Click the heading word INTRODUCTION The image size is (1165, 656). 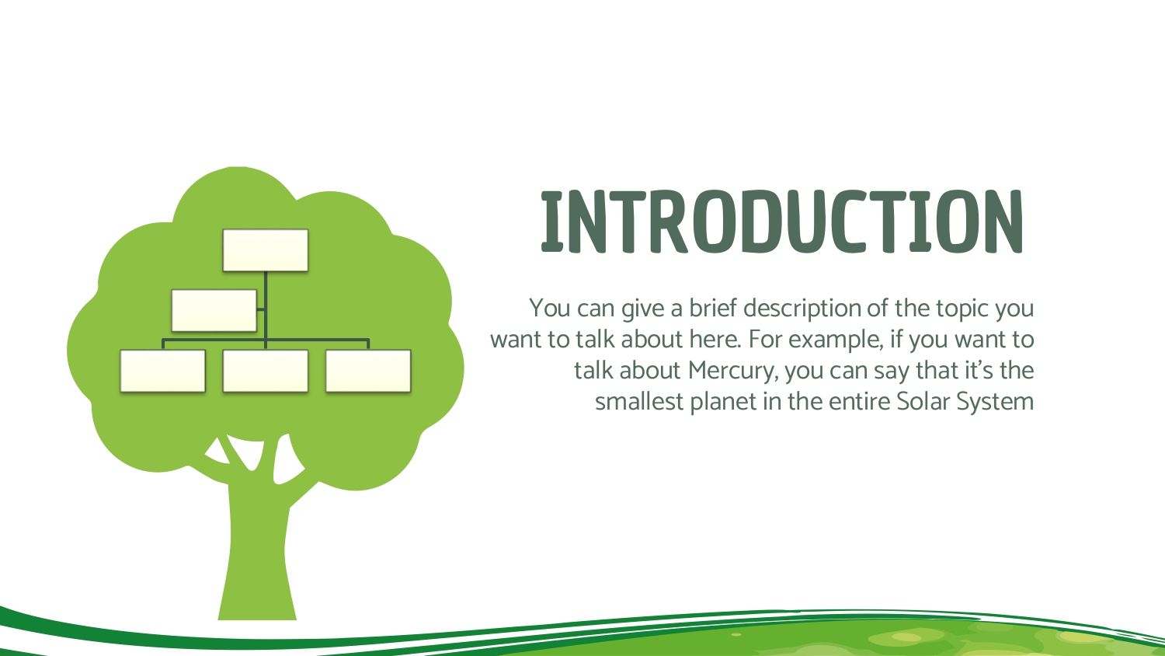[782, 222]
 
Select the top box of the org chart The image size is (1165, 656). [266, 250]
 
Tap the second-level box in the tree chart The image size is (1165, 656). [214, 310]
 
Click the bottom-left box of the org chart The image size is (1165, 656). [163, 371]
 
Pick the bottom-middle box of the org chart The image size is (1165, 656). [266, 371]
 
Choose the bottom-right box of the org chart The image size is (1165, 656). [368, 371]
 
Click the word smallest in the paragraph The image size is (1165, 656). [639, 402]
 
